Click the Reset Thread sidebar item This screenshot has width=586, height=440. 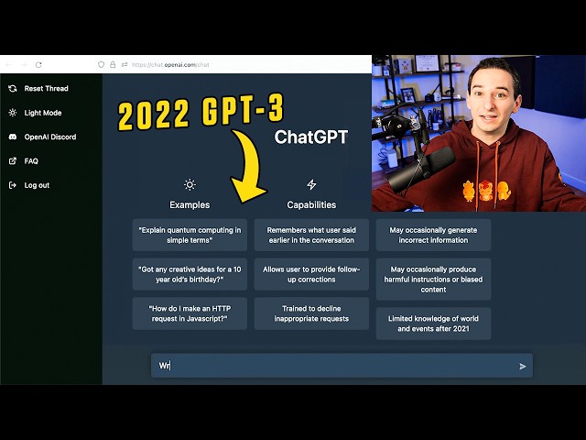45,89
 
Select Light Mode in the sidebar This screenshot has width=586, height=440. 42,113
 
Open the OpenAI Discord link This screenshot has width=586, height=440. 49,137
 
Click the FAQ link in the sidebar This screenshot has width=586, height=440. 31,160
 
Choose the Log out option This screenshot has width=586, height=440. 37,185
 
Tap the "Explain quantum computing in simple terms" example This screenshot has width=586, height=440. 190,235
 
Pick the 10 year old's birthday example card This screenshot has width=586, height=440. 190,274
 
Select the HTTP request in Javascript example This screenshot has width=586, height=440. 190,313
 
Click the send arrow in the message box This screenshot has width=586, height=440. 523,366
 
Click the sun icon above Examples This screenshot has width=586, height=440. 190,184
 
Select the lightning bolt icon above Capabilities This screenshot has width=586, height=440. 311,184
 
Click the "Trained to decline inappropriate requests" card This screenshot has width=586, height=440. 311,313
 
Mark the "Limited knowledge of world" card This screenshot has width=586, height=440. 433,323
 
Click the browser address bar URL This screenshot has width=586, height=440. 170,64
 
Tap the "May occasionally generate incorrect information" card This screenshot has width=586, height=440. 433,235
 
